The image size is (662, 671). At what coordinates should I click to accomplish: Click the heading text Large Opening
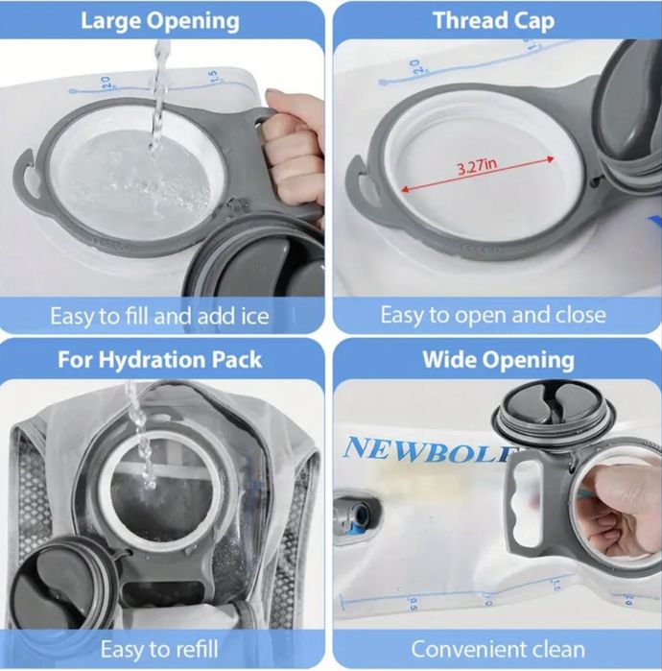point(160,21)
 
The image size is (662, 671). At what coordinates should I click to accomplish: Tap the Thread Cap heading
point(494,21)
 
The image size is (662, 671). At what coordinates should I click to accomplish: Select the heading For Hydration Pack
point(159,359)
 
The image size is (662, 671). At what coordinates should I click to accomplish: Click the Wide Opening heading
point(499,359)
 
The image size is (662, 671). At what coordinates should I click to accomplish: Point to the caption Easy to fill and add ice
point(159,316)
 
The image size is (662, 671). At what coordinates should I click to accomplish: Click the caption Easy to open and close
point(493,315)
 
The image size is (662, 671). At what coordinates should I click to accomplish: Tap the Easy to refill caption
point(159,649)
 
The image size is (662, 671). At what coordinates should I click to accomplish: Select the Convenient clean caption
point(498,649)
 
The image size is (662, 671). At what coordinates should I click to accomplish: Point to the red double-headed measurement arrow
point(477,175)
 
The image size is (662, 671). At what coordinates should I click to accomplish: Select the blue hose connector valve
point(356,515)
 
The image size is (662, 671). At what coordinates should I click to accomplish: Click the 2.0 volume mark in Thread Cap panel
point(414,67)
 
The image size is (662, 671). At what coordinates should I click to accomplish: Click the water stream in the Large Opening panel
point(159,99)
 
